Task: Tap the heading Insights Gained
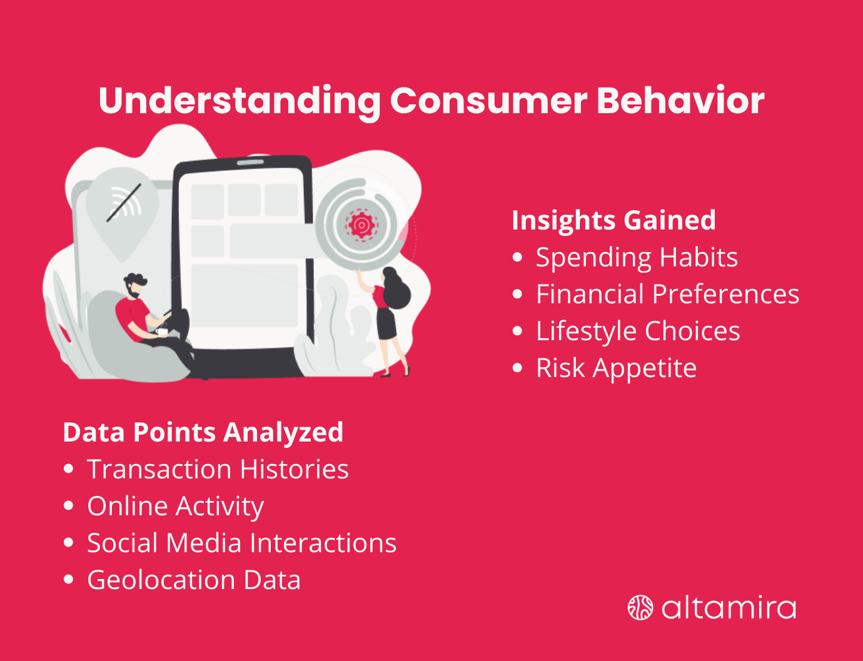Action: [x=613, y=220]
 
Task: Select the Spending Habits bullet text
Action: [x=637, y=258]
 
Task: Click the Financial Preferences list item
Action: [x=667, y=295]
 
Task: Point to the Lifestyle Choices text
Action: [x=638, y=331]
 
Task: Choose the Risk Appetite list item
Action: [x=616, y=368]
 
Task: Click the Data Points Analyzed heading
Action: [x=203, y=432]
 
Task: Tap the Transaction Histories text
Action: [x=218, y=470]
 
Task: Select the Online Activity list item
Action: [x=175, y=507]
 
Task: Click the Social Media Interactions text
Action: [x=241, y=543]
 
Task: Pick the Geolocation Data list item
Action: [x=194, y=580]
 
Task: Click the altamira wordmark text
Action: [x=729, y=608]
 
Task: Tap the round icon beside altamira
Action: [x=640, y=608]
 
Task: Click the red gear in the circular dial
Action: [x=361, y=225]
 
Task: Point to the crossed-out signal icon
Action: [x=123, y=203]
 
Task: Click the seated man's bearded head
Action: [x=134, y=285]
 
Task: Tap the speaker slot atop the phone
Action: [x=250, y=163]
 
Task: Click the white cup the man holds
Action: [x=161, y=331]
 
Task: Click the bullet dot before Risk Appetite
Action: [x=517, y=368]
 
